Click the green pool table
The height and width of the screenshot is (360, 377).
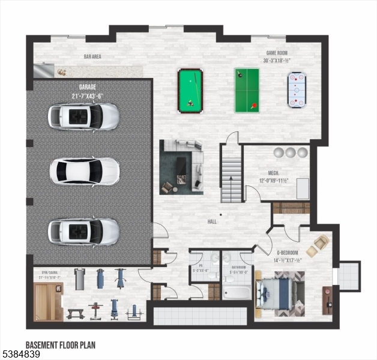pos(190,91)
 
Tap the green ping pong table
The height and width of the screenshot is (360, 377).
pos(247,90)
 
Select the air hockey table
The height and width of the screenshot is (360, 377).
pos(297,91)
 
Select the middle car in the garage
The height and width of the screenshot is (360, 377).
pos(84,172)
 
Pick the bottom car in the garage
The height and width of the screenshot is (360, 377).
pos(84,230)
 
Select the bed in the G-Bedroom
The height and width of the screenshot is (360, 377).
pos(280,293)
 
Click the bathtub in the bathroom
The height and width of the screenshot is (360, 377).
pos(236,292)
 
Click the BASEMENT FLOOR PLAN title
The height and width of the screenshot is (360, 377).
pos(60,345)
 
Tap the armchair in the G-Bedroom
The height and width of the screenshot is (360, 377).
pos(318,245)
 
